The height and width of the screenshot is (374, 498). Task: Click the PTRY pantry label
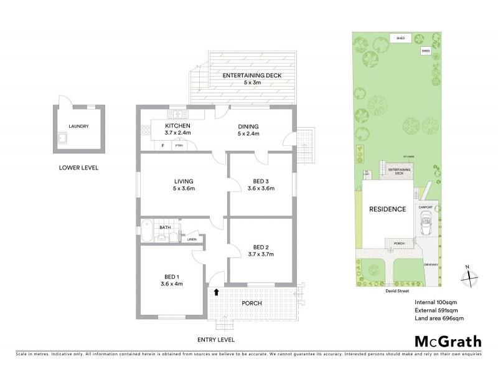coord(179,145)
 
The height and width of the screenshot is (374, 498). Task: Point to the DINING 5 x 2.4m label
coord(248,130)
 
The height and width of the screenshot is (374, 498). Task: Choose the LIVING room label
coord(184,185)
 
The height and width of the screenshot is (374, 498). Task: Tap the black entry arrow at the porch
coord(216,291)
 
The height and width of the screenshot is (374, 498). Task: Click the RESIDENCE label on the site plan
coord(388,209)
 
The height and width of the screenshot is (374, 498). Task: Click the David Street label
coord(395,290)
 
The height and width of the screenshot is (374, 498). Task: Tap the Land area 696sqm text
coord(439,319)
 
